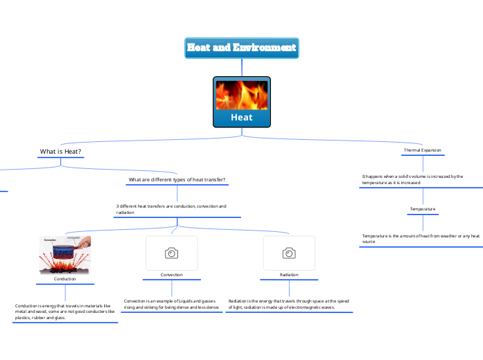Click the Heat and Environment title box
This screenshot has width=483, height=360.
pyautogui.click(x=241, y=48)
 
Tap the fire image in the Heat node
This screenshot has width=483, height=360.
pyautogui.click(x=241, y=95)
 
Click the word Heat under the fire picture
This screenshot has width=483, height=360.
pyautogui.click(x=241, y=118)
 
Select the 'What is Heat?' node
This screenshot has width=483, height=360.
pyautogui.click(x=61, y=151)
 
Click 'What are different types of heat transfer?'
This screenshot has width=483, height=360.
pyautogui.click(x=177, y=180)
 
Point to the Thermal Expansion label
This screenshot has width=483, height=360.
pyautogui.click(x=422, y=150)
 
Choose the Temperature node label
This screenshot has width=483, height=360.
pyautogui.click(x=422, y=208)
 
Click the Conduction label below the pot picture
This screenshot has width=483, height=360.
pyautogui.click(x=64, y=278)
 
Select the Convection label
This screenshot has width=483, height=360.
pyautogui.click(x=171, y=275)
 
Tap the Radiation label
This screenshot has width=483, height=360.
pyautogui.click(x=289, y=275)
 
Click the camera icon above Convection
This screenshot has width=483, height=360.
pyautogui.click(x=171, y=253)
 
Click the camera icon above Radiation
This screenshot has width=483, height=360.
pyautogui.click(x=289, y=253)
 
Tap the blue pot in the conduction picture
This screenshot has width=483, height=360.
pyautogui.click(x=64, y=250)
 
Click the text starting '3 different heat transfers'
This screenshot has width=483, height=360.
pyautogui.click(x=171, y=209)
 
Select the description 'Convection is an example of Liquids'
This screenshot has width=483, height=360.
pyautogui.click(x=171, y=304)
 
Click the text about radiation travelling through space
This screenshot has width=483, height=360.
pyautogui.click(x=288, y=304)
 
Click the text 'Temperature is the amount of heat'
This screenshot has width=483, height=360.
pyautogui.click(x=421, y=239)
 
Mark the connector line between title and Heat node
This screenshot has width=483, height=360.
pyautogui.click(x=241, y=66)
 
